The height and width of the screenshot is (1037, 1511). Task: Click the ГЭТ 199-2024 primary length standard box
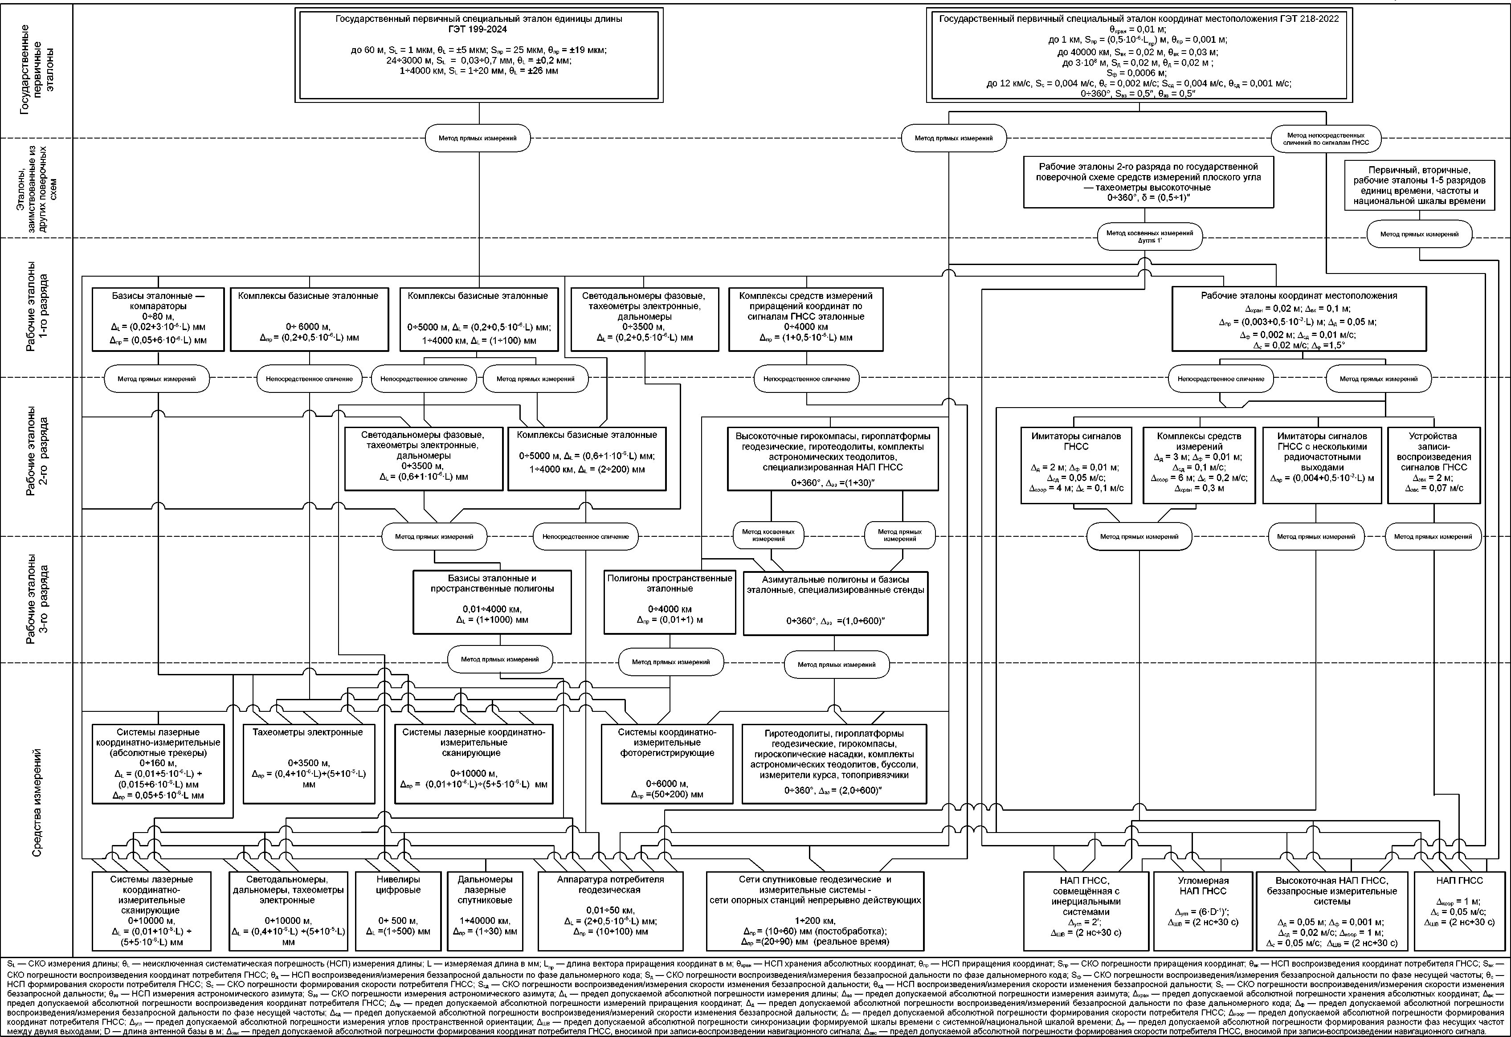(479, 55)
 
